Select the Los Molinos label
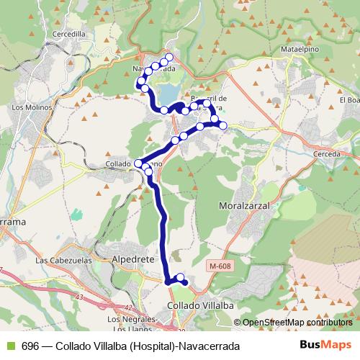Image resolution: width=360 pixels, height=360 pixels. coord(28,108)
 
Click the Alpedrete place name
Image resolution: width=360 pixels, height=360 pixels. coord(130,257)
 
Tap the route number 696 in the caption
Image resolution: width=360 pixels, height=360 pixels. coord(30,346)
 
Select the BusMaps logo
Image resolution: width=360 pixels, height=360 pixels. coord(325,345)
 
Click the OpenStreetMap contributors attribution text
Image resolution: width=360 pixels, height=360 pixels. coord(297,323)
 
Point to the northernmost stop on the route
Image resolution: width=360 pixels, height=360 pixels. coord(169,57)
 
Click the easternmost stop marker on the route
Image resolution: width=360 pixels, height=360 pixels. coord(222,126)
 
